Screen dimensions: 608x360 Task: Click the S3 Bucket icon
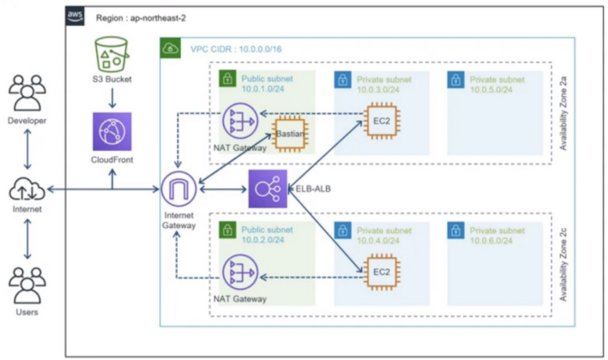click(111, 54)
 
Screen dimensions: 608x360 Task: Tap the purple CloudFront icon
click(112, 131)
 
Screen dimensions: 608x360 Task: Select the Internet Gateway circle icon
click(178, 189)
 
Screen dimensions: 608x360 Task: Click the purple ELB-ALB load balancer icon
click(268, 189)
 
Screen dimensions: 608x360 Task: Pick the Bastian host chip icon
click(290, 134)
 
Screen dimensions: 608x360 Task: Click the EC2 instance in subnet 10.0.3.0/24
click(382, 121)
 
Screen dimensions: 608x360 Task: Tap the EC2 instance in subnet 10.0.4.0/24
click(382, 272)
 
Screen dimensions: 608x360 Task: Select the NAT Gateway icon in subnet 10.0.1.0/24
click(240, 121)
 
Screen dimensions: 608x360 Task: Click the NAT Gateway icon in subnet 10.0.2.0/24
click(240, 272)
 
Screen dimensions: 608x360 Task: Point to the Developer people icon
click(27, 93)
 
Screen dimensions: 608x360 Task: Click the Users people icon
click(27, 285)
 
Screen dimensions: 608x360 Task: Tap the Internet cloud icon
click(27, 189)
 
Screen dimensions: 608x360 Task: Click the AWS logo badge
click(75, 15)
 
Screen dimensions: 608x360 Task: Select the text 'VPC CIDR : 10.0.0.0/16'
click(236, 49)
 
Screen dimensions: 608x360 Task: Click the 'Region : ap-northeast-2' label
click(141, 18)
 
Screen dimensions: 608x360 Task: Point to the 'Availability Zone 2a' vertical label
click(563, 113)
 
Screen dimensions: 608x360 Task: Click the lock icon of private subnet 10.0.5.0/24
click(455, 80)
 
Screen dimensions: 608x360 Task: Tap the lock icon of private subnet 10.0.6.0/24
click(455, 231)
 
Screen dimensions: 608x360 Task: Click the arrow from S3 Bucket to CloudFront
click(112, 98)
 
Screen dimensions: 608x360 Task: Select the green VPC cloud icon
click(171, 48)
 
